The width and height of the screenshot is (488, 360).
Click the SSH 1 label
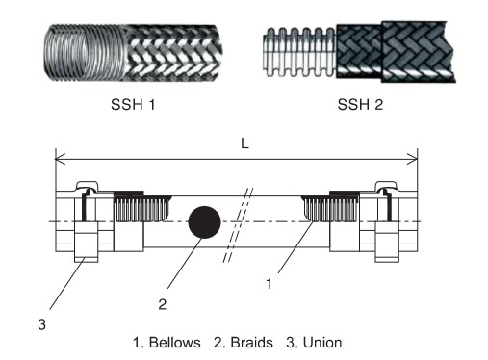pyautogui.click(x=133, y=104)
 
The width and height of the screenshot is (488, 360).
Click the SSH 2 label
pyautogui.click(x=360, y=104)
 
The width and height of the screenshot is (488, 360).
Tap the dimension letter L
pyautogui.click(x=244, y=143)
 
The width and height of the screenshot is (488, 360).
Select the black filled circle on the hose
pyautogui.click(x=204, y=222)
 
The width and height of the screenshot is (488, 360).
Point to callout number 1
pyautogui.click(x=269, y=284)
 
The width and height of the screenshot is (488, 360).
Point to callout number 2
pyautogui.click(x=163, y=304)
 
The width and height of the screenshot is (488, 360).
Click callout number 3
pyautogui.click(x=41, y=324)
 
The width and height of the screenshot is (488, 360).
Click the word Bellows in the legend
pyautogui.click(x=175, y=343)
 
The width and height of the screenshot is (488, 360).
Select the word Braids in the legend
pyautogui.click(x=251, y=343)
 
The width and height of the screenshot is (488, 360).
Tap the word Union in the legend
pyautogui.click(x=322, y=343)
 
